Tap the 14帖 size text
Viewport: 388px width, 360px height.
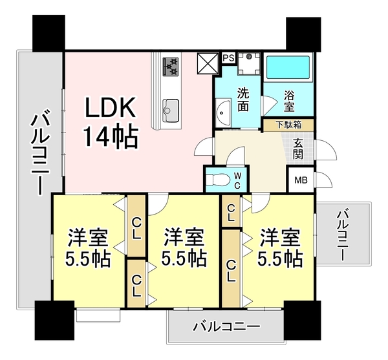point(109,136)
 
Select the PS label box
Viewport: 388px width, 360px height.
point(228,58)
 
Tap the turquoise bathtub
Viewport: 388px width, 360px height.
point(288,67)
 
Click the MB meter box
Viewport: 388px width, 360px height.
point(301,180)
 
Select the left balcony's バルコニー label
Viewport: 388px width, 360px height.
point(38,151)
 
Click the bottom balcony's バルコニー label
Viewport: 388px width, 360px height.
point(226,327)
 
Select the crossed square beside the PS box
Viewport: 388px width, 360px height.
point(208,63)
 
